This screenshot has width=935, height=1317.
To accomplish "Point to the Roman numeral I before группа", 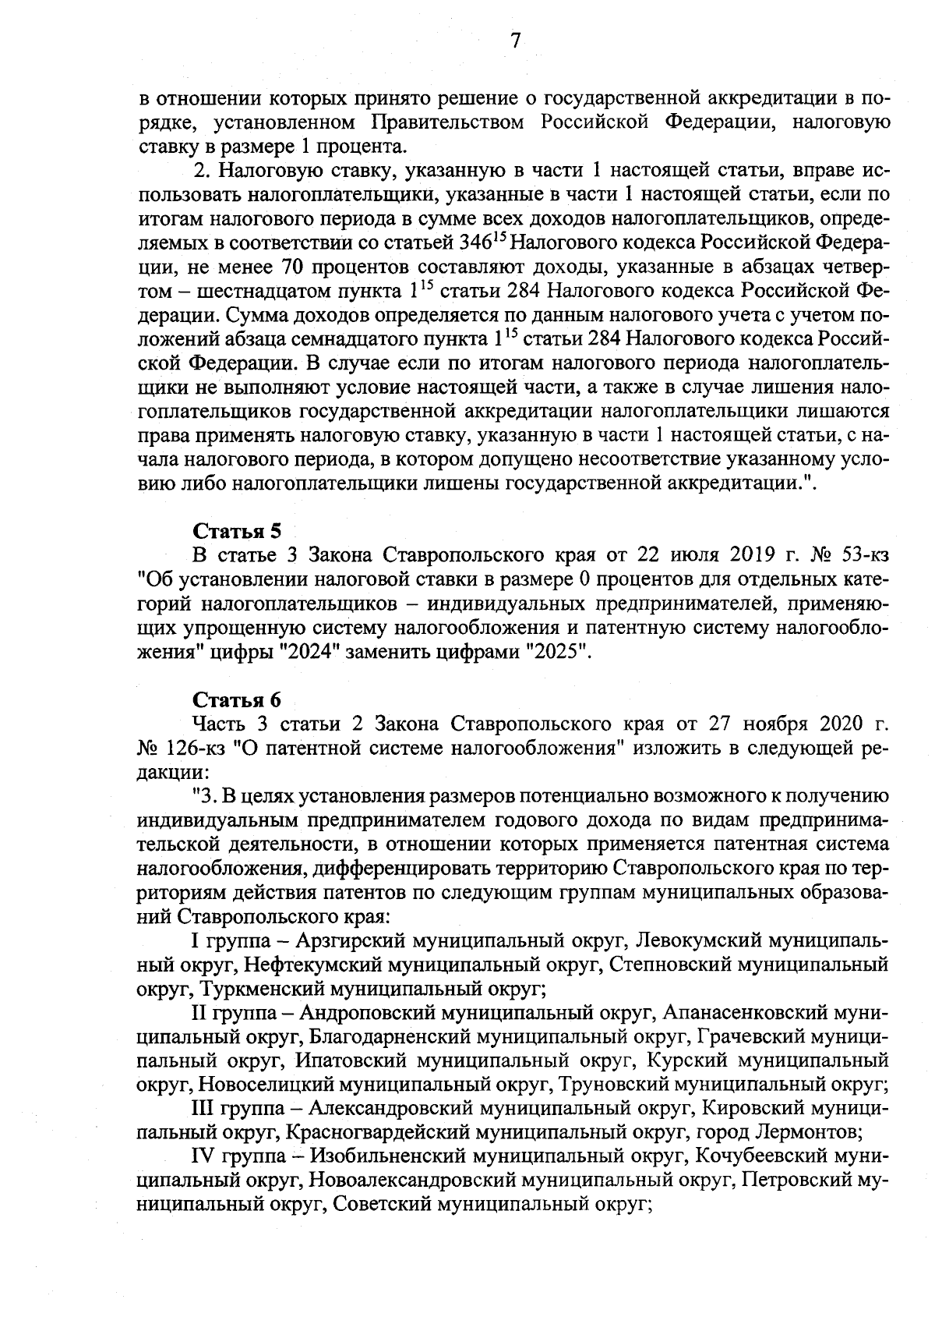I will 195,941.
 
